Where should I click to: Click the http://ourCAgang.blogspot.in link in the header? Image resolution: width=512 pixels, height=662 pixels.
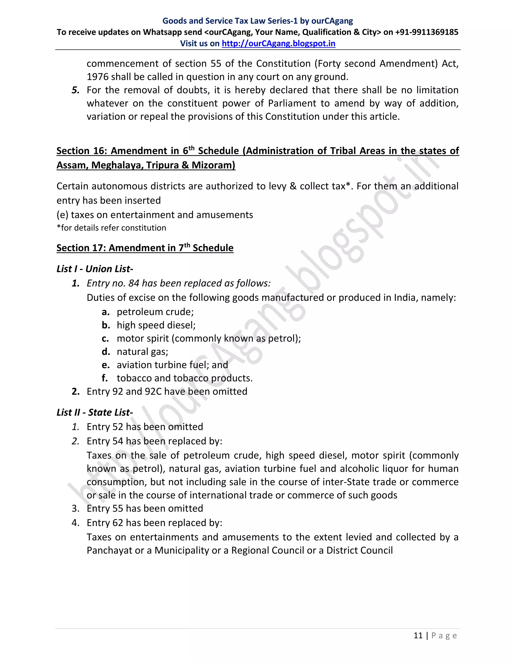pyautogui.click(x=278, y=43)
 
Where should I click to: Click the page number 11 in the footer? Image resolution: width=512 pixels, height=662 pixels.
pyautogui.click(x=418, y=635)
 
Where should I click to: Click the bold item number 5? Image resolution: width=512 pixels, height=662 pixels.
pyautogui.click(x=75, y=90)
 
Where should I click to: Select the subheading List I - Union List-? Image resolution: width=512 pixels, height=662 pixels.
pyautogui.click(x=95, y=269)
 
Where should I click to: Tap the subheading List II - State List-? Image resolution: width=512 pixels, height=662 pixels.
pyautogui.click(x=95, y=412)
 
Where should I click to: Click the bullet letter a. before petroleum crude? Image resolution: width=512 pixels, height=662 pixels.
pyautogui.click(x=105, y=312)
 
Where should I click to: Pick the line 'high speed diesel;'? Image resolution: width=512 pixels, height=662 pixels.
pyautogui.click(x=156, y=325)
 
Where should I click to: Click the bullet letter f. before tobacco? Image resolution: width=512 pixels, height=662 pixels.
pyautogui.click(x=105, y=378)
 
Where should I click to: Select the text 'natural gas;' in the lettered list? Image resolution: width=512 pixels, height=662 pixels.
pyautogui.click(x=142, y=352)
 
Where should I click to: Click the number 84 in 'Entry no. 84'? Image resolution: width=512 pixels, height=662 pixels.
pyautogui.click(x=134, y=283)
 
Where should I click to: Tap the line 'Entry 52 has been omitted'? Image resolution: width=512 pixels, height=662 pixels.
pyautogui.click(x=145, y=427)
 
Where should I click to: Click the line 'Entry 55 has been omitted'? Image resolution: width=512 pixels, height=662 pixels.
pyautogui.click(x=145, y=508)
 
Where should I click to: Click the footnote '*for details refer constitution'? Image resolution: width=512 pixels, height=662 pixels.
pyautogui.click(x=111, y=228)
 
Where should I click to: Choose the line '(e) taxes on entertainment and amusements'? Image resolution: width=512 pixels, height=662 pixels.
pyautogui.click(x=155, y=215)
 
